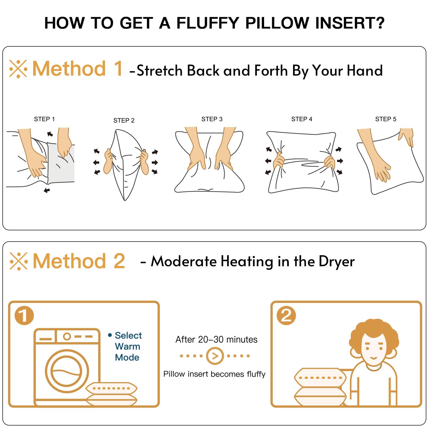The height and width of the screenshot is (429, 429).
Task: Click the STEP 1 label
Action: tap(44, 119)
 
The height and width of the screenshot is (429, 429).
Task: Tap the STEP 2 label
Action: tap(124, 120)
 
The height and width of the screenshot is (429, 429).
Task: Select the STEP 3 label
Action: tap(212, 119)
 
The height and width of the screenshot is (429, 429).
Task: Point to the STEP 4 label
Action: tap(302, 119)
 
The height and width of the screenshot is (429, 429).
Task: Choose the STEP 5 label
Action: tap(386, 119)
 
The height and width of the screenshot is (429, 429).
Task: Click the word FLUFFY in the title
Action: tap(208, 23)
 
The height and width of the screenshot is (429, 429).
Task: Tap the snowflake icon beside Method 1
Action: tap(18, 69)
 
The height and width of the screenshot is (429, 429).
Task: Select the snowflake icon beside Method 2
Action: tap(19, 261)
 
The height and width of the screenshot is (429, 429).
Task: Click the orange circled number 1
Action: tap(24, 315)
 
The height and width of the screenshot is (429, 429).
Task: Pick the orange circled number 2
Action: tap(286, 315)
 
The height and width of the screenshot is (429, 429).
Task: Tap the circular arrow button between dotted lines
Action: tap(215, 356)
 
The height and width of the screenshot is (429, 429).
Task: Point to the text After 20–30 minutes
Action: tap(216, 339)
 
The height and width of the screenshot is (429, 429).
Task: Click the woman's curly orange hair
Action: tap(374, 330)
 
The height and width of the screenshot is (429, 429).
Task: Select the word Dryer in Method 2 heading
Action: tap(337, 262)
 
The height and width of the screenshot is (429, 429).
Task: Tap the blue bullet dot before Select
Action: tap(110, 335)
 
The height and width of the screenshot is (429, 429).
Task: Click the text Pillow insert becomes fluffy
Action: tap(214, 374)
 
